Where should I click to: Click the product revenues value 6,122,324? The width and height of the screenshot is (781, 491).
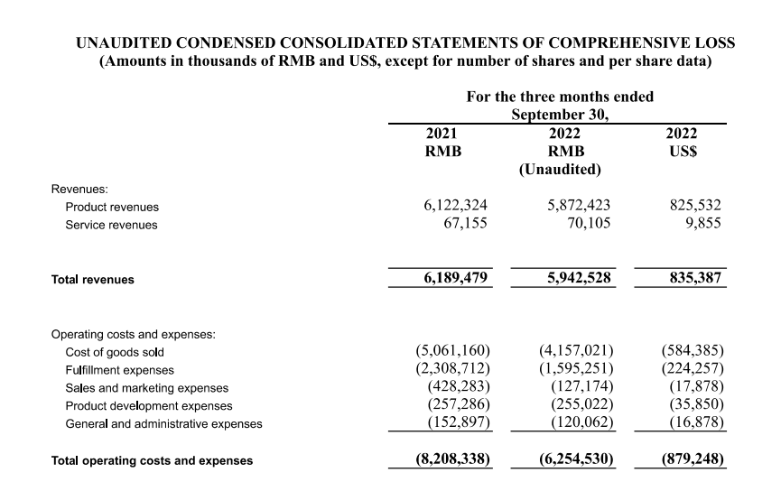(456, 206)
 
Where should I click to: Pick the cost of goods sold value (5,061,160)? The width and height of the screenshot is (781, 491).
(452, 351)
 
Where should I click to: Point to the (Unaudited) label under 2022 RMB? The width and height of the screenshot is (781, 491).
(560, 169)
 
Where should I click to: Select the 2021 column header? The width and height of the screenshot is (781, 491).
(442, 134)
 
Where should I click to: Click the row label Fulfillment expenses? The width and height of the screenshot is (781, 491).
(119, 370)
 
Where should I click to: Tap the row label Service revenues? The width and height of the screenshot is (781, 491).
(111, 225)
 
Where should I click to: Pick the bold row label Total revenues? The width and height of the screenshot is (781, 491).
(93, 280)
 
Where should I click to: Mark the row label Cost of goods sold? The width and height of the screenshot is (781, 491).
(115, 352)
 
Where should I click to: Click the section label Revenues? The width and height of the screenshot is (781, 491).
(79, 190)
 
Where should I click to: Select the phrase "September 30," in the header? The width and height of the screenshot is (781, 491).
(560, 115)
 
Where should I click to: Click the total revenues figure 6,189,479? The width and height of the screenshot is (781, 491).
(456, 279)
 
